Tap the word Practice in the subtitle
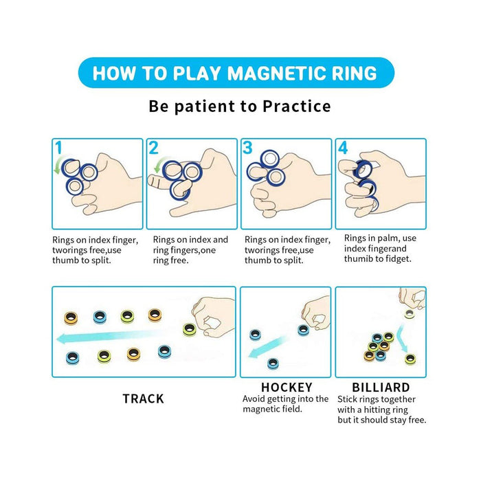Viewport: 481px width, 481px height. click(x=297, y=107)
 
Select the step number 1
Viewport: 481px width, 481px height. click(x=58, y=148)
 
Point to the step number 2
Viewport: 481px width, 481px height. click(x=153, y=148)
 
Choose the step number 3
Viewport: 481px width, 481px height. click(x=247, y=148)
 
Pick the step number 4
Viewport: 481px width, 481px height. click(x=343, y=148)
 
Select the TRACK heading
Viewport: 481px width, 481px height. click(x=143, y=399)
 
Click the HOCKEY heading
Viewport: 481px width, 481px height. click(x=287, y=387)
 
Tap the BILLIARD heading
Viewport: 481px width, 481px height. click(x=381, y=387)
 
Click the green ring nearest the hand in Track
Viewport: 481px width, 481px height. click(x=189, y=329)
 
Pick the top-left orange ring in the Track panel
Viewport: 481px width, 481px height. click(x=71, y=317)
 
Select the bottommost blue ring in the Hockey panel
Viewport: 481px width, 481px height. click(x=273, y=363)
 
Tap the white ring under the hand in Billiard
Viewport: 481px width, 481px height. click(x=409, y=313)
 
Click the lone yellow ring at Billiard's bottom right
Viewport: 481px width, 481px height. click(x=410, y=359)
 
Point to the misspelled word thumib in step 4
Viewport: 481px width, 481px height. click(x=358, y=259)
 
